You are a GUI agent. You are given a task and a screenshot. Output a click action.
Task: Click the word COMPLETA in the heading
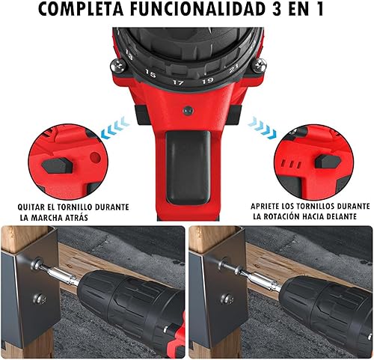point(81,10)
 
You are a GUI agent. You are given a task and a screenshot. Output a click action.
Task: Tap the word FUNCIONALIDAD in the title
point(197,10)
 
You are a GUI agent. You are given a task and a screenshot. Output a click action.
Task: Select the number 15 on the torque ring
point(150,73)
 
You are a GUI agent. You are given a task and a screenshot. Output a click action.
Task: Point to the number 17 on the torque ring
point(178,82)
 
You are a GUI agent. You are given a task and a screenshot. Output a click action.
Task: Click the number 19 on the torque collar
point(207,81)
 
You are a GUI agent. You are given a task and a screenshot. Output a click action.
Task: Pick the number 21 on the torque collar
point(233,68)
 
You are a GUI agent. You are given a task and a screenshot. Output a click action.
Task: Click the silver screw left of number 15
point(118,66)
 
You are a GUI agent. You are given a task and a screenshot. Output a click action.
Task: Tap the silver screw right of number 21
point(259,66)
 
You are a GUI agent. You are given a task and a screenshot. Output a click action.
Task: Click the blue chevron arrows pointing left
point(115,127)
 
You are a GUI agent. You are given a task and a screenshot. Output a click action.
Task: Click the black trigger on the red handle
point(188,167)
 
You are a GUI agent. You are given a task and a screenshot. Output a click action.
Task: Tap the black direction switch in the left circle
point(58,165)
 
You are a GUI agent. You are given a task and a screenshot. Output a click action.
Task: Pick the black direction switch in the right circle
point(328,161)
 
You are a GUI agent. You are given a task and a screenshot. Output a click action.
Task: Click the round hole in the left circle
point(95,157)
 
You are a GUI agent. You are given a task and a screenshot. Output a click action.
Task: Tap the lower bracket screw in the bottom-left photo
point(40,299)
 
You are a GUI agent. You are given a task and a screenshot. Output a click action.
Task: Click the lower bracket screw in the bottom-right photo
point(227,299)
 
